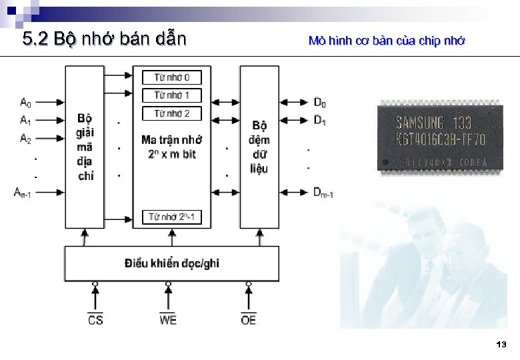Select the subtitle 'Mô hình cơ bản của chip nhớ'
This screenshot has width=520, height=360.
coord(387,41)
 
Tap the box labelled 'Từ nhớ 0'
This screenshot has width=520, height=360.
coord(171,77)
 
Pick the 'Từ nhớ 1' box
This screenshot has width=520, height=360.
coord(171,95)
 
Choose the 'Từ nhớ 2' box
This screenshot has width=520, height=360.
coord(171,113)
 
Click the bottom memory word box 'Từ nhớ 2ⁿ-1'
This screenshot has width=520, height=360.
coord(171,217)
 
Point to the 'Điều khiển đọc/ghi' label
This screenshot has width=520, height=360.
coord(171,263)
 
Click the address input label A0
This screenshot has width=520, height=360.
coord(25,103)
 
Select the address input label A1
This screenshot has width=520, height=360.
coord(25,121)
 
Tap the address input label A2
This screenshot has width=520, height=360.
coord(25,139)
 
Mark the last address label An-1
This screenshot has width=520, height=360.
coord(23,193)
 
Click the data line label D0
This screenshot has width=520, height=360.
coord(320,103)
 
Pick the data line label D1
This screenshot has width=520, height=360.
coord(320,121)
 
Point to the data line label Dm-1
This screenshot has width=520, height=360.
coord(323,193)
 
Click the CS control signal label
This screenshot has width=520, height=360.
coord(95,320)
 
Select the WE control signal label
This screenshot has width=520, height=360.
coord(168,320)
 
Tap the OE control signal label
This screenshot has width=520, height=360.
coord(248,320)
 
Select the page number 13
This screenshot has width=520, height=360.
coord(501,345)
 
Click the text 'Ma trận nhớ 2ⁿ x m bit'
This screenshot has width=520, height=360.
coord(171,147)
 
